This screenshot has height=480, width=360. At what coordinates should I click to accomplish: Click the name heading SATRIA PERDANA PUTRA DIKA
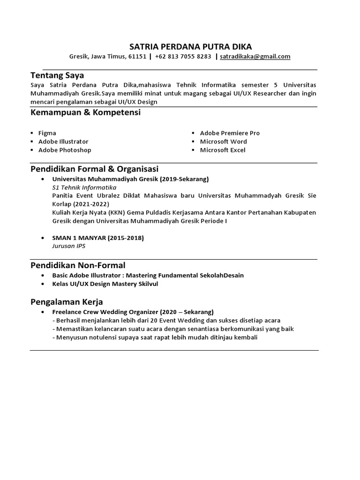pos(190,46)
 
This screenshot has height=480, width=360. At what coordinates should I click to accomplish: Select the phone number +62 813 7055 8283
pos(183,57)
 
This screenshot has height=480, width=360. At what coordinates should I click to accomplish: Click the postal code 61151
pos(137,57)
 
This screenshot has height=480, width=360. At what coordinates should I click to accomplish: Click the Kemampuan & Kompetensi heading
pos(85,112)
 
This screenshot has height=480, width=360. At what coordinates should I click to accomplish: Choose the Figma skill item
pos(47,133)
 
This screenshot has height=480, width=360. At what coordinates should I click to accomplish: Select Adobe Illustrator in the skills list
pos(63,142)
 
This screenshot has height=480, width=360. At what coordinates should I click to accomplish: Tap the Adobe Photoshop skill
pos(65,150)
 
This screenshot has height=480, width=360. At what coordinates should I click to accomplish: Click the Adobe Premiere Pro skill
pos(230,133)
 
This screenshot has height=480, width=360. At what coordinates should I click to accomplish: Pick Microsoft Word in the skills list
pos(223,142)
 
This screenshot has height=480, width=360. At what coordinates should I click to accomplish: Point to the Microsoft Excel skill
pos(223,150)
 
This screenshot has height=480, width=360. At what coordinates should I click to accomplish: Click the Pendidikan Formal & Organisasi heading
pos(95,168)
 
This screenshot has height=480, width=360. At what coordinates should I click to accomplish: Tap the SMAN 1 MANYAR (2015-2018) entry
pos(98,238)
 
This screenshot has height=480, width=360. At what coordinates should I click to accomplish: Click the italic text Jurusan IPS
pos(68,246)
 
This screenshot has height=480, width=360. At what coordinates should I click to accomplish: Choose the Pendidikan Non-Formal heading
pos(78,265)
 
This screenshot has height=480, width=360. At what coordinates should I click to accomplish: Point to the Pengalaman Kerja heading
pos(67,301)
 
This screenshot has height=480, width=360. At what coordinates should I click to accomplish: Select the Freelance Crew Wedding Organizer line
pos(133,312)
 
